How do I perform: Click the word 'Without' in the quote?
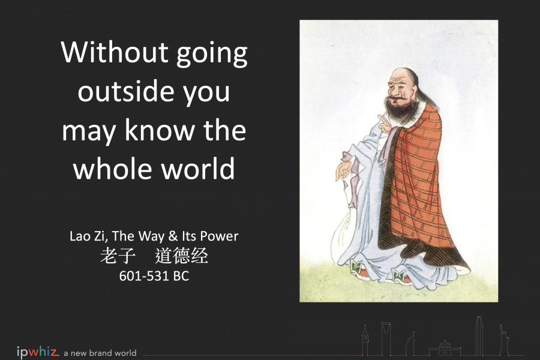click(115, 52)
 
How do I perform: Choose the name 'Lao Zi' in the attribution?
click(87, 236)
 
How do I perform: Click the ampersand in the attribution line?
click(173, 236)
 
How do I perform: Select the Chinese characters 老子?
click(118, 256)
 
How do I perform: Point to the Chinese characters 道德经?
click(181, 256)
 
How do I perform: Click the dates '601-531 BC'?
click(154, 276)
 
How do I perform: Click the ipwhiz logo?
click(38, 352)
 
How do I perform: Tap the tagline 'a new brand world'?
click(100, 353)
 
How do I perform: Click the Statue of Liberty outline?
click(504, 340)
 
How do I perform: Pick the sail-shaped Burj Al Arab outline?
click(411, 344)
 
